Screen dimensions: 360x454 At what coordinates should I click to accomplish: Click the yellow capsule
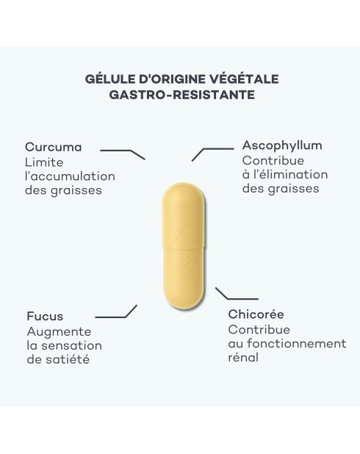click(x=183, y=246)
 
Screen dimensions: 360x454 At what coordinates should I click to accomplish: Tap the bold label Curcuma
click(x=54, y=147)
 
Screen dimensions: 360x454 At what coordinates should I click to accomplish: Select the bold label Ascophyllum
click(x=282, y=145)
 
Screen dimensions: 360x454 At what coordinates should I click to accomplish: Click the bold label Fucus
click(x=45, y=316)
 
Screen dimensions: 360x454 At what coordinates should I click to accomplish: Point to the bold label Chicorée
click(x=256, y=314)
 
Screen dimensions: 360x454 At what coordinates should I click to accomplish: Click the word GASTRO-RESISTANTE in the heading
click(x=182, y=95)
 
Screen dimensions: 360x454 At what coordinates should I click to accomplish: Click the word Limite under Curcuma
click(x=44, y=162)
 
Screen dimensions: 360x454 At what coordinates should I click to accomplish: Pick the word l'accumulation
click(x=70, y=176)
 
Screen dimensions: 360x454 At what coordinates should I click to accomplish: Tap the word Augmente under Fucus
click(x=59, y=332)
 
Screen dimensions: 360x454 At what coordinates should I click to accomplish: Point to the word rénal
click(x=243, y=358)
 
